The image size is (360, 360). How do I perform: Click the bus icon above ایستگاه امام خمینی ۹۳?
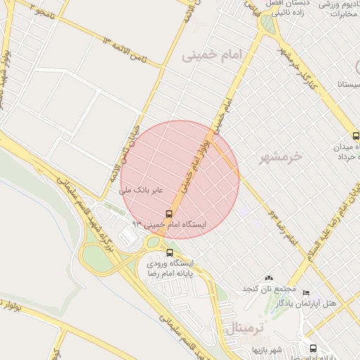(169, 213)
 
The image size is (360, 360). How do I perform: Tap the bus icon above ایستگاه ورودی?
(169, 252)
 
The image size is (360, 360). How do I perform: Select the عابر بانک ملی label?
(141, 190)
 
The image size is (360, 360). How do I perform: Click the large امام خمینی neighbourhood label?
(211, 55)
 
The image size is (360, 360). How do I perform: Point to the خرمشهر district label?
(279, 156)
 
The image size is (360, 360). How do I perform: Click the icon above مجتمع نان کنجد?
(268, 278)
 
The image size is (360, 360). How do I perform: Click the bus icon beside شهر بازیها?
(313, 348)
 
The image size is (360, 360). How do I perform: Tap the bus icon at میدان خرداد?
(355, 137)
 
